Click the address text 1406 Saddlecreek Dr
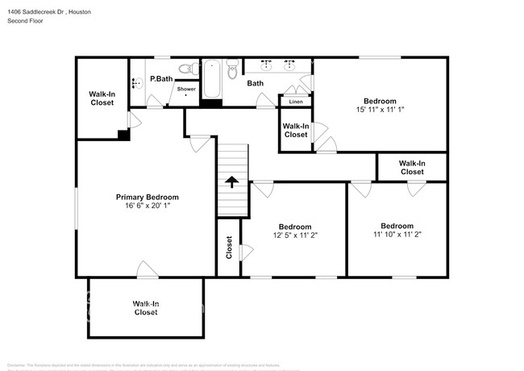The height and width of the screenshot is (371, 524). (37, 12)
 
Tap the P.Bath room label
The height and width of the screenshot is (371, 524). (161, 79)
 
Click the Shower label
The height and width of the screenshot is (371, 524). (186, 89)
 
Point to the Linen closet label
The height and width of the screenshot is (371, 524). (296, 102)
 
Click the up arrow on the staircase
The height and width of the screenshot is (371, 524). (232, 181)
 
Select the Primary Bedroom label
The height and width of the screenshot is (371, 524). (147, 197)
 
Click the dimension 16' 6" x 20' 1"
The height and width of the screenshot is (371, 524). (147, 206)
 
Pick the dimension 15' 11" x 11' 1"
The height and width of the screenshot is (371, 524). (381, 110)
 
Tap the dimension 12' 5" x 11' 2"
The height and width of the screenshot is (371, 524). (295, 236)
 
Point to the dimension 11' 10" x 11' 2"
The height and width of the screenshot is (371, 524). (397, 235)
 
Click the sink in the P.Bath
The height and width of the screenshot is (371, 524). (135, 81)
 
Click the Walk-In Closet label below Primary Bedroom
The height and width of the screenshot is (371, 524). (145, 307)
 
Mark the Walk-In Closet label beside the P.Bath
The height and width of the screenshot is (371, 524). (102, 98)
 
